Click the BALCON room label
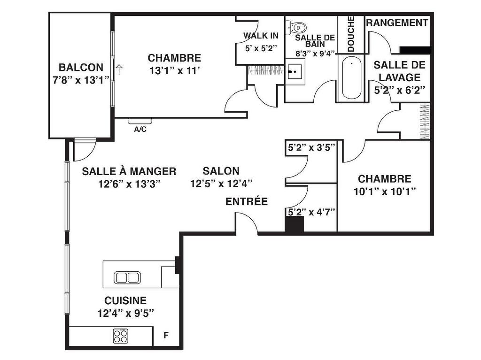coord(81,68)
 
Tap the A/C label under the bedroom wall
coord(140,130)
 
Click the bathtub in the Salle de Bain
coord(351,78)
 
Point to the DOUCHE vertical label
coord(351,34)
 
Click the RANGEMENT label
coord(397,23)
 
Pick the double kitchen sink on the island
coord(127,277)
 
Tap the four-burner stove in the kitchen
coord(120,336)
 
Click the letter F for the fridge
coord(165,336)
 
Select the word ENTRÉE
coord(247,202)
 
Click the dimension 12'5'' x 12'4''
coord(221,184)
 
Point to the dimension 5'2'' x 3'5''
coord(311,148)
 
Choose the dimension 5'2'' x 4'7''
coord(311,212)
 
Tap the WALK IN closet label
coord(261,36)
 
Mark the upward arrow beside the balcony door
coord(119,70)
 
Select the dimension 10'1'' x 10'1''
coord(385,191)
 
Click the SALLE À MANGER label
coord(129,171)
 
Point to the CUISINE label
coord(125,300)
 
